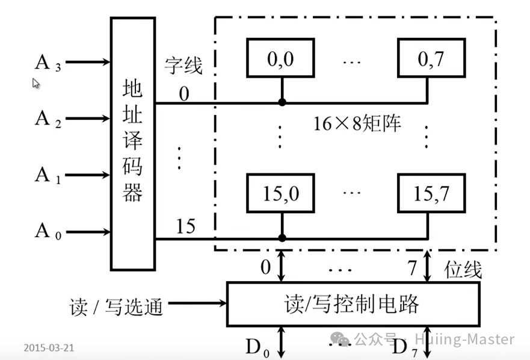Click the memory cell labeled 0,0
coord(281,58)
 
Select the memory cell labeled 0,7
coord(429,58)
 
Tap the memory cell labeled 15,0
coord(281,193)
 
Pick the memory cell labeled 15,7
coord(429,193)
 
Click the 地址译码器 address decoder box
coord(132,143)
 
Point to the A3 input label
coord(48,63)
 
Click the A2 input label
coord(48,119)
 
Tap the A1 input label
coord(48,175)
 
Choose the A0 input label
coord(48,231)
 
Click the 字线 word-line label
coord(183,66)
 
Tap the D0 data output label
coord(257,347)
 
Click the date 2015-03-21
coord(49,348)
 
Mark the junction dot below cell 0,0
coord(281,102)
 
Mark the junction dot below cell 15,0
coord(281,238)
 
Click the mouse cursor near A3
coord(35,83)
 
